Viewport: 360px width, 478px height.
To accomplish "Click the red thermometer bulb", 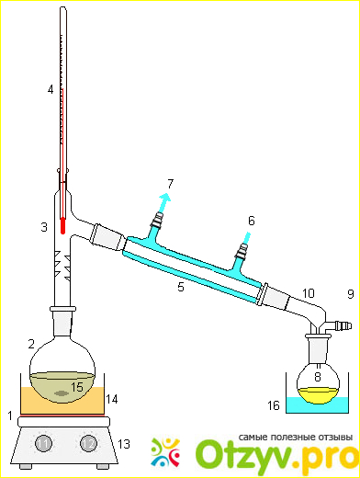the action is pyautogui.click(x=62, y=226).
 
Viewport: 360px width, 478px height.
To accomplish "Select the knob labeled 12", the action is pyautogui.click(x=88, y=443).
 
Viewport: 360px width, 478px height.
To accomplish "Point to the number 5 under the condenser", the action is pyautogui.click(x=181, y=287).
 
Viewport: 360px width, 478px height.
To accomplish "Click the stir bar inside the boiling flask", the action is pyautogui.click(x=62, y=393).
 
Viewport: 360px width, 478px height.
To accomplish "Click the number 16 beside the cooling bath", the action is pyautogui.click(x=274, y=405).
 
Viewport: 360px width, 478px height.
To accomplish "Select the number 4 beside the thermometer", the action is pyautogui.click(x=51, y=90).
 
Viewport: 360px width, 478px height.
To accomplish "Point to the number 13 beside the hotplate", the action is pyautogui.click(x=124, y=444).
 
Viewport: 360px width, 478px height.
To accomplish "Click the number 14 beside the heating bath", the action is pyautogui.click(x=112, y=399).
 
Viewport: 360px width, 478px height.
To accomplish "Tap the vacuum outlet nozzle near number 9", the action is pyautogui.click(x=343, y=325).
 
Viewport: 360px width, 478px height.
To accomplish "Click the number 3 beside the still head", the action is pyautogui.click(x=44, y=227).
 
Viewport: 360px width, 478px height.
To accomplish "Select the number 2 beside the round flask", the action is pyautogui.click(x=31, y=344).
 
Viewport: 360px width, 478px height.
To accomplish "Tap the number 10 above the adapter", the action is pyautogui.click(x=309, y=293).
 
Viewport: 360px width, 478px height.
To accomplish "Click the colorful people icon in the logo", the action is pyautogui.click(x=165, y=452).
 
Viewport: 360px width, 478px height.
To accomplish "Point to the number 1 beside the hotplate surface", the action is pyautogui.click(x=10, y=415).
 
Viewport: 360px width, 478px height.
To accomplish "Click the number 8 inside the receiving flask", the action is pyautogui.click(x=318, y=377).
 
